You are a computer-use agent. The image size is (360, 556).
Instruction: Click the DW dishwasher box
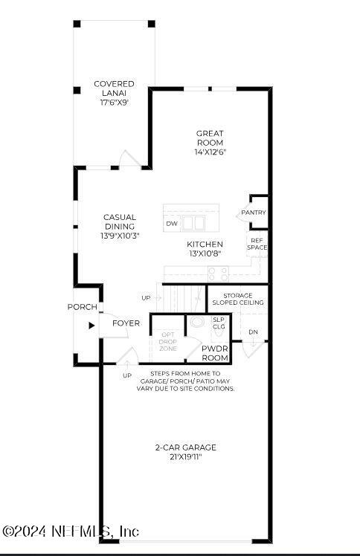(172, 223)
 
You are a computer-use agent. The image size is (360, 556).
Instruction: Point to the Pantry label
(253, 213)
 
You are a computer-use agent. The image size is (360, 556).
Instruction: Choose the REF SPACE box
(257, 244)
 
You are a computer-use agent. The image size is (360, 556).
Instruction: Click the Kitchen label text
(205, 244)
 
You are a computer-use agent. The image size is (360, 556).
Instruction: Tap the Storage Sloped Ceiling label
(237, 299)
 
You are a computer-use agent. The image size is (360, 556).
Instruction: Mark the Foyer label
(126, 323)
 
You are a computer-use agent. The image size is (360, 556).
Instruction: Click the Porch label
(82, 307)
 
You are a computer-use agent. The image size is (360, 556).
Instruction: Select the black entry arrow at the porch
(91, 325)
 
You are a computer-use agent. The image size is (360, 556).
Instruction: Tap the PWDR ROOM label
(214, 352)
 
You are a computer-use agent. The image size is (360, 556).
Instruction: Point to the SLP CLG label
(219, 323)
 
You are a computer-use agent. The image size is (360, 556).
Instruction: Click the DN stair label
(254, 332)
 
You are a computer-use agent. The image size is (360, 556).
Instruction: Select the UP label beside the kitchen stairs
(146, 297)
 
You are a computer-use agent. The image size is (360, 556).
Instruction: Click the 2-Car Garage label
(185, 447)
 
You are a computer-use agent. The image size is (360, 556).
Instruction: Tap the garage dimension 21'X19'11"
(185, 458)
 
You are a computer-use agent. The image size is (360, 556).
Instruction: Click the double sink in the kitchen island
(194, 223)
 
